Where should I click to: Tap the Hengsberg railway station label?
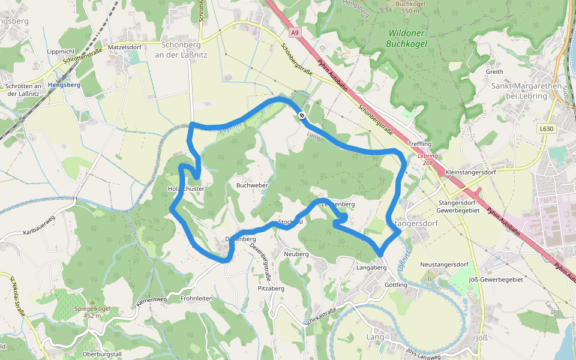(x=64, y=85)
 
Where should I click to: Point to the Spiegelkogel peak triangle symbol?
(x=91, y=302)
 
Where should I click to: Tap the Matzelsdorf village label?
(x=124, y=47)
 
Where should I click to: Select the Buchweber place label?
(x=252, y=185)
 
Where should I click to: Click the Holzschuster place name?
(x=187, y=189)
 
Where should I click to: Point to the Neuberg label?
(x=296, y=254)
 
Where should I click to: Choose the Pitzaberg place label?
(x=271, y=289)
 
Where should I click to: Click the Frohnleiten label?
(x=197, y=298)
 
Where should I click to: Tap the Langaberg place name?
(x=370, y=267)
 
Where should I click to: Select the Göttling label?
(x=396, y=285)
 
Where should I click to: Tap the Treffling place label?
(x=419, y=144)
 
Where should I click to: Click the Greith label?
(x=494, y=71)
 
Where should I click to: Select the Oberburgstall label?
(x=102, y=354)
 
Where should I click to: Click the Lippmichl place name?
(x=60, y=52)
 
